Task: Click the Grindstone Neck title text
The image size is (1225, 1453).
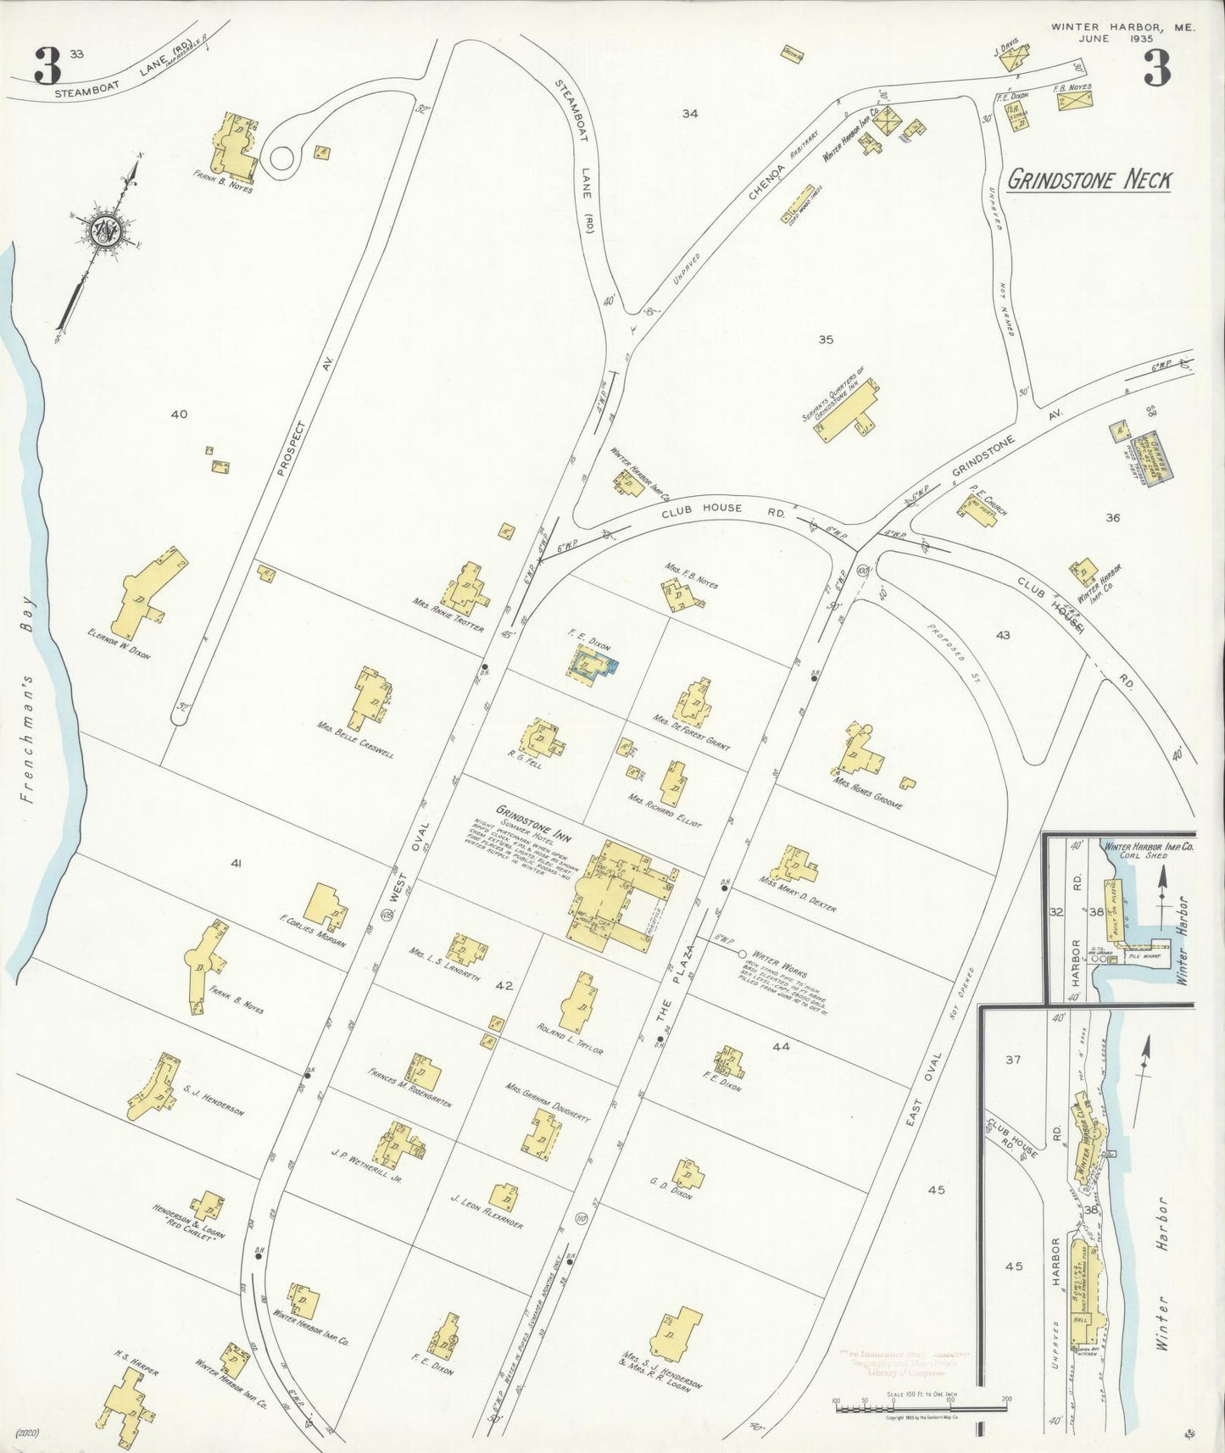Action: tap(1089, 180)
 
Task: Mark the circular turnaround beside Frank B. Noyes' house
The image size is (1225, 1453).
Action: tap(281, 158)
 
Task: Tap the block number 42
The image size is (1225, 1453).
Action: tap(505, 985)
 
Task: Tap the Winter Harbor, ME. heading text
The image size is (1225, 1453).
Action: tap(1123, 27)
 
